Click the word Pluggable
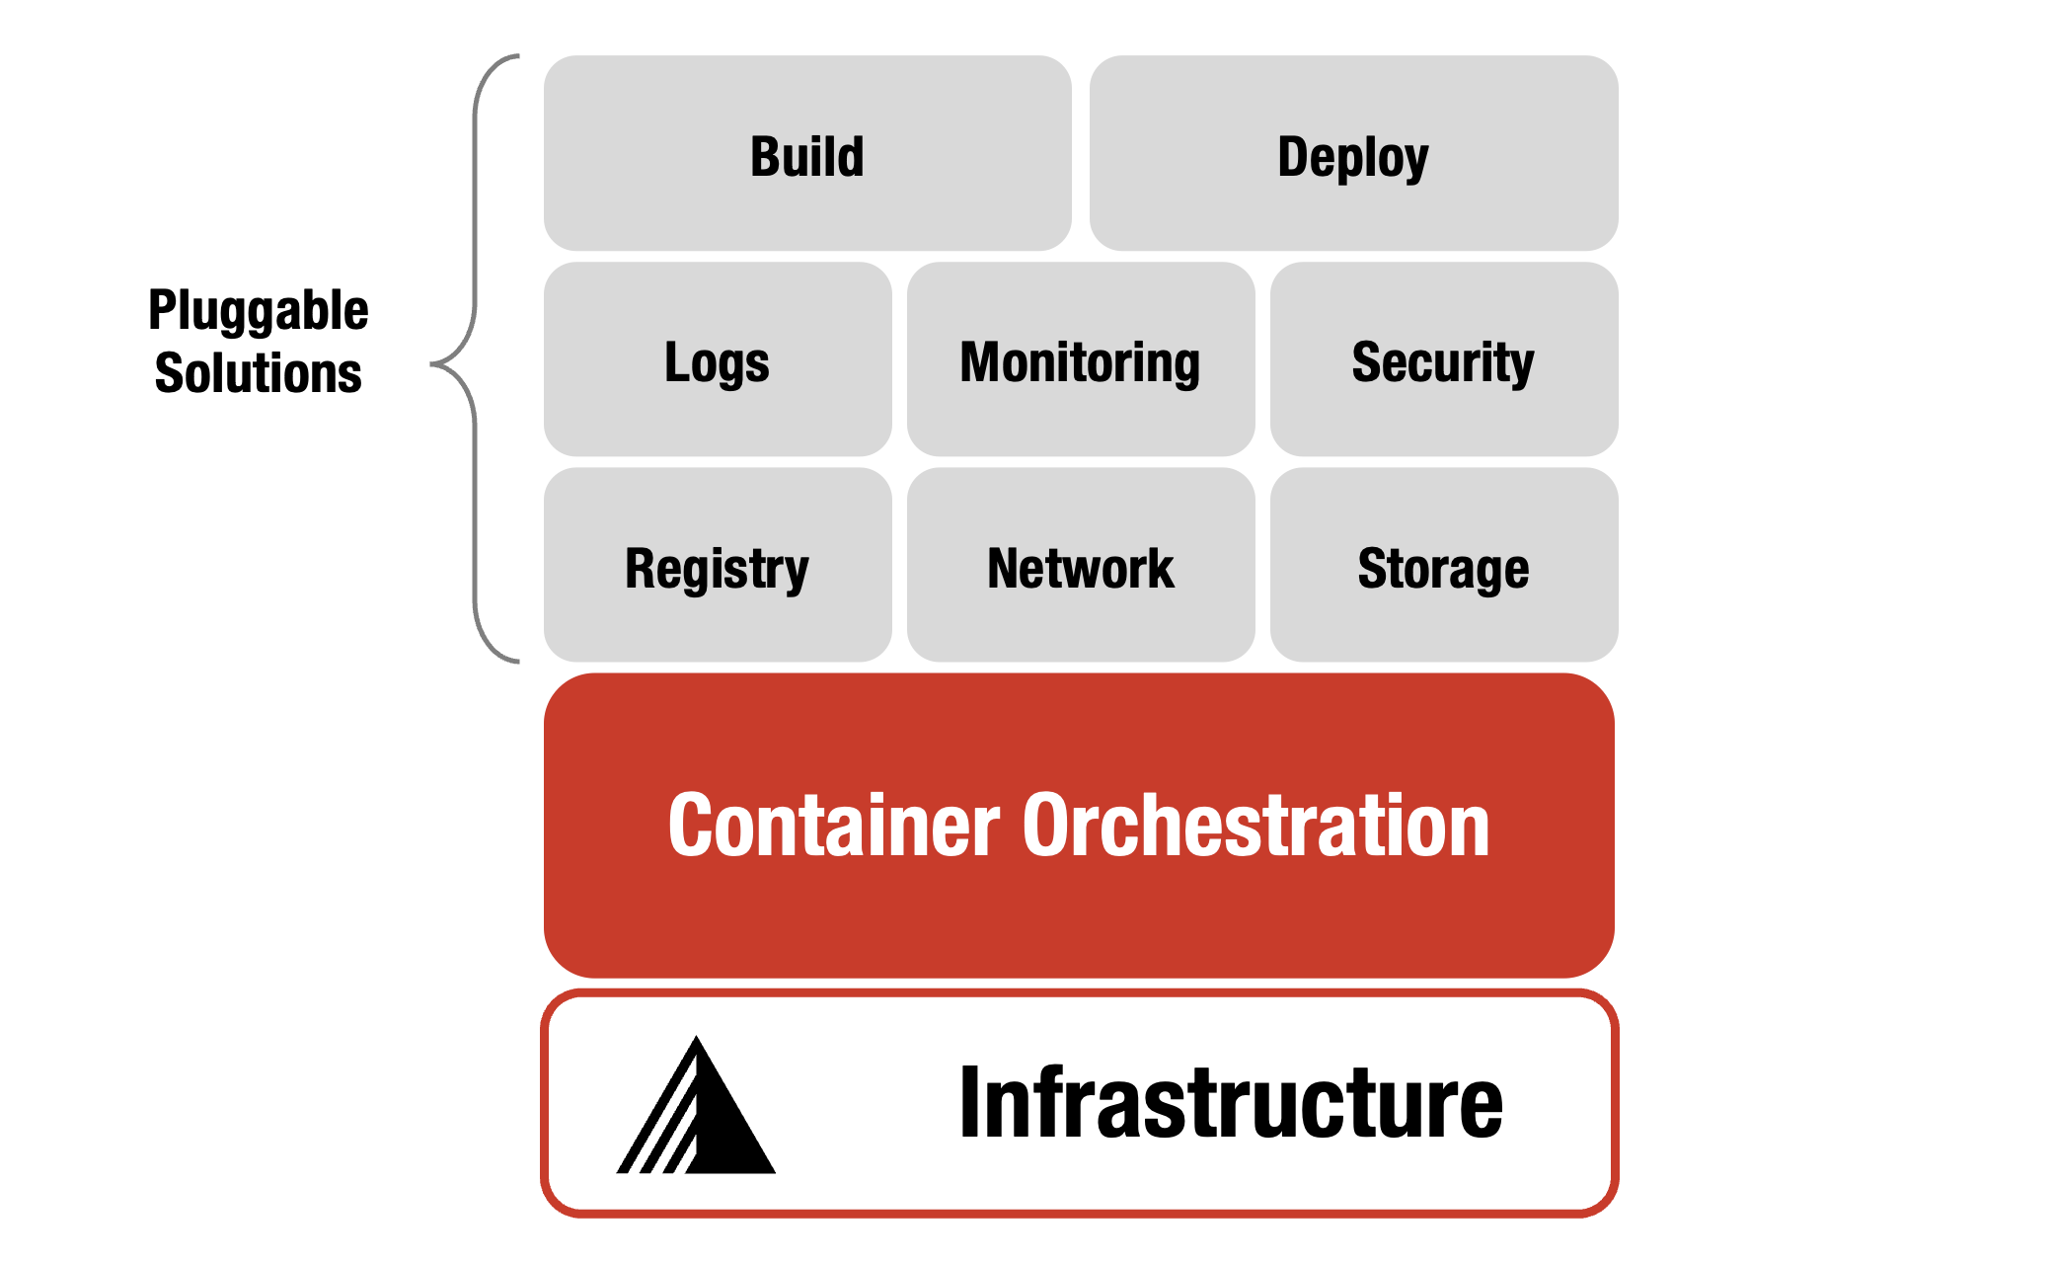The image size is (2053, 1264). (x=259, y=311)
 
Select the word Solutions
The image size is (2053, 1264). (x=259, y=373)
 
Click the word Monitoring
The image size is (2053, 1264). (x=1081, y=362)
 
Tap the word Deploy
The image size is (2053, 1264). (x=1352, y=158)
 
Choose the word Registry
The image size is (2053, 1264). (x=717, y=570)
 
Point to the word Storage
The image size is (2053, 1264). (x=1443, y=570)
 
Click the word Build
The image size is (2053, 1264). (x=807, y=158)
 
